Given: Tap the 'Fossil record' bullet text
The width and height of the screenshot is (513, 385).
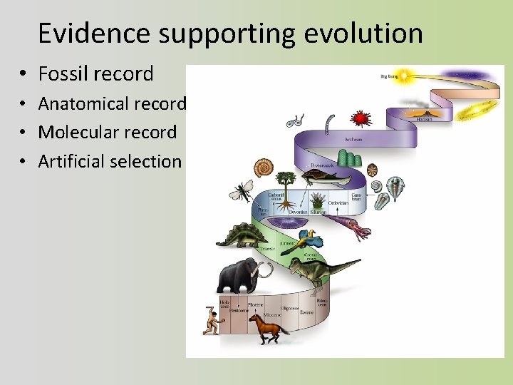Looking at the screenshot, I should point(95,73).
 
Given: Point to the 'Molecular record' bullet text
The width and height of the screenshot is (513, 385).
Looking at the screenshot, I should point(107,132).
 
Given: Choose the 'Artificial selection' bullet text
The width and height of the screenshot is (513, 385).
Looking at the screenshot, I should point(110,161).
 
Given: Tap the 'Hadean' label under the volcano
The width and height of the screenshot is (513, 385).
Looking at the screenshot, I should point(425,119).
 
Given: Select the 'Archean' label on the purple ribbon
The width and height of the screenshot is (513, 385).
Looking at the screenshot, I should point(353,140).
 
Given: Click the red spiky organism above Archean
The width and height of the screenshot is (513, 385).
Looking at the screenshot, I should point(361,118).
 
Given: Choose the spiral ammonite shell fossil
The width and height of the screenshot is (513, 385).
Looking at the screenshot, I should point(264,168).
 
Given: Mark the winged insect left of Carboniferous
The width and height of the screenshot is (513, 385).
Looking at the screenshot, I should point(241,190).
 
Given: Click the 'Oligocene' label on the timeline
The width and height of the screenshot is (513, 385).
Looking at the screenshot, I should point(289,309).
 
